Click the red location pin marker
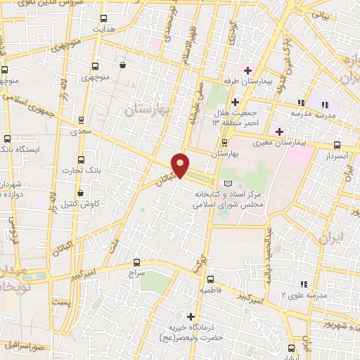tap(181, 165)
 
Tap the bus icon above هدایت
tap(104, 19)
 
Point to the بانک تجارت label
tap(78, 170)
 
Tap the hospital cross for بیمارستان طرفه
tap(247, 70)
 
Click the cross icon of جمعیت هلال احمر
tap(234, 102)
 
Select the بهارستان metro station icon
tap(224, 141)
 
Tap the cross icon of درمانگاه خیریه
tap(190, 316)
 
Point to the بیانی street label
tap(320, 15)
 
